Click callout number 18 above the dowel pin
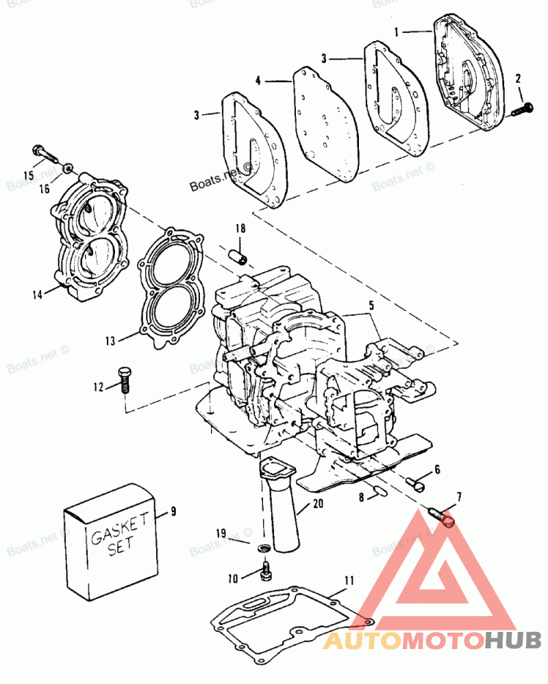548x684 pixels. [x=240, y=228]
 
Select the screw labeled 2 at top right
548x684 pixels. [x=522, y=109]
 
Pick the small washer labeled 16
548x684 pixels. [x=68, y=168]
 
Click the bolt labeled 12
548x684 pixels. [x=125, y=380]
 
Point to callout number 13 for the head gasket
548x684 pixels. [x=110, y=341]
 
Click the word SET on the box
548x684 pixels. [x=121, y=547]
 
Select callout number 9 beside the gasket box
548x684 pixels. [x=173, y=511]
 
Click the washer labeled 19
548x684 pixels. [x=264, y=548]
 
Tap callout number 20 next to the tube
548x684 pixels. [x=319, y=504]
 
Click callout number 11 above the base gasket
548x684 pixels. [x=349, y=581]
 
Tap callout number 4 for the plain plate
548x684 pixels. [x=258, y=81]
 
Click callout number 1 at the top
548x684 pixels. [x=397, y=32]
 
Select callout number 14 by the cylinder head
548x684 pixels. [x=38, y=295]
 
